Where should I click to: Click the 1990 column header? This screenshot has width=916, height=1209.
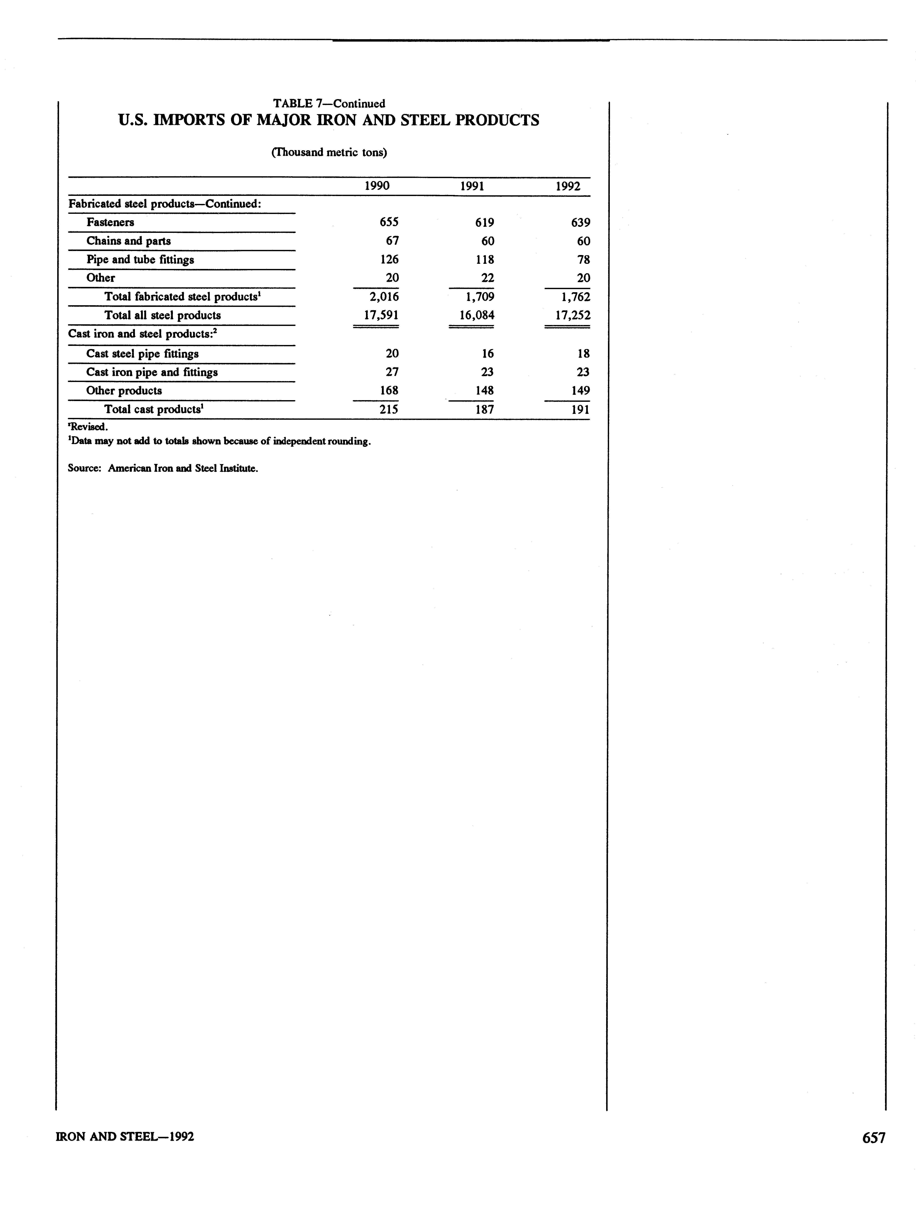point(377,186)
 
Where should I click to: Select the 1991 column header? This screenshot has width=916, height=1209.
point(472,186)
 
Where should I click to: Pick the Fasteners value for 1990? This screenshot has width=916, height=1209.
point(389,222)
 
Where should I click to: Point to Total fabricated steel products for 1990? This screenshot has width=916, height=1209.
point(384,296)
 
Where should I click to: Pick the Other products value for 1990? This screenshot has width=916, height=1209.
point(389,390)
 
